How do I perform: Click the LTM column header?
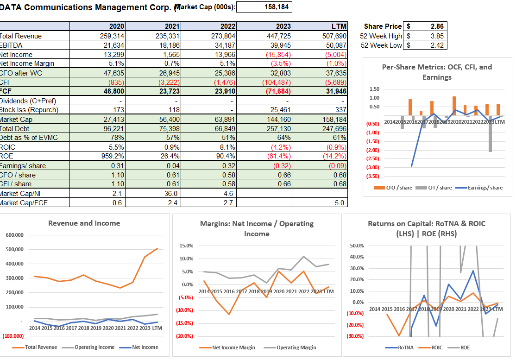[339, 27]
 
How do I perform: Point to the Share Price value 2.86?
[437, 27]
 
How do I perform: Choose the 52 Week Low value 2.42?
[437, 45]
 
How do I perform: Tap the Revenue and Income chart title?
[84, 223]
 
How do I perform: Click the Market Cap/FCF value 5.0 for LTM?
[340, 202]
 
